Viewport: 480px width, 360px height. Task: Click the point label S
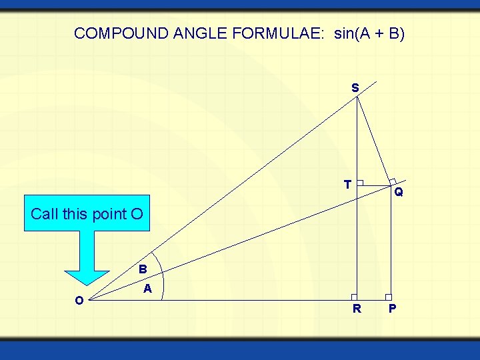point(355,87)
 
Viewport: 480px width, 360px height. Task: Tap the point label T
point(347,184)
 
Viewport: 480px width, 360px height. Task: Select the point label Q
point(398,193)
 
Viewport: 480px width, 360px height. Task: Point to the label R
point(357,309)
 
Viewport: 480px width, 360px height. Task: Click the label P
point(393,309)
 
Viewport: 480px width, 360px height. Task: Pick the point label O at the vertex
point(79,301)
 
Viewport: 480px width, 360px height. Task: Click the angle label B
point(143,270)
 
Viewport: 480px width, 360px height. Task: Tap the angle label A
point(148,289)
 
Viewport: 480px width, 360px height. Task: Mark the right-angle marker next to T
point(359,183)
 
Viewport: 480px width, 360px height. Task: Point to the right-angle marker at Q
point(393,181)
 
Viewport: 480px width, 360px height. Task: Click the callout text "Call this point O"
point(87,214)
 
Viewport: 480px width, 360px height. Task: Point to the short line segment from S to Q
point(374,141)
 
